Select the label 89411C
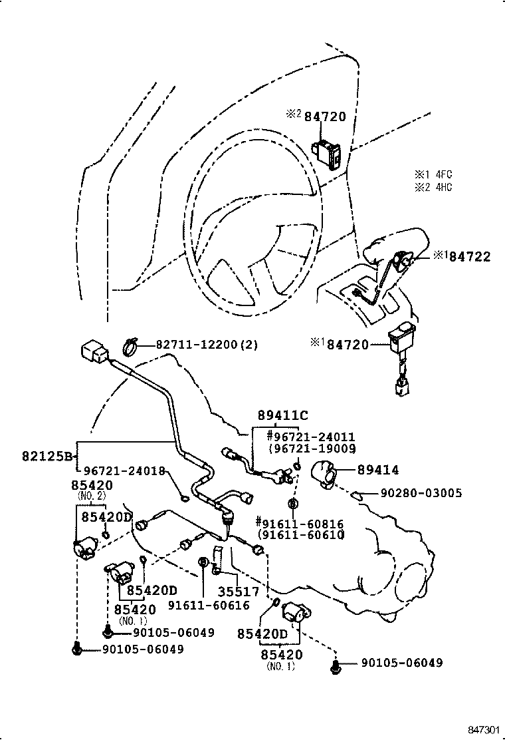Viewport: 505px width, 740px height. tap(283, 415)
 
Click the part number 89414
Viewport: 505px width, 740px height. tap(378, 470)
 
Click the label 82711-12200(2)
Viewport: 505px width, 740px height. tap(207, 345)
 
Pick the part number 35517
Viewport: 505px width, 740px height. tap(239, 591)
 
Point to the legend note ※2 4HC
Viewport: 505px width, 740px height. tap(433, 187)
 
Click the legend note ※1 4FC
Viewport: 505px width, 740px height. tap(433, 174)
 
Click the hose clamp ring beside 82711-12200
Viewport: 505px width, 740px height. tap(132, 345)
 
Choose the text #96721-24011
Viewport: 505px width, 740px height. tap(310, 437)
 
